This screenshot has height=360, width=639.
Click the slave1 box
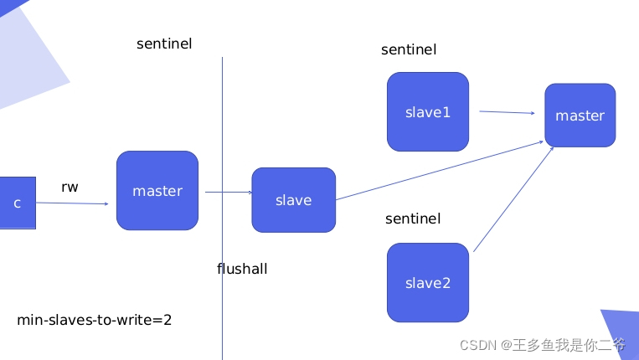click(x=427, y=111)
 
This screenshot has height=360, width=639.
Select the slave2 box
click(x=427, y=282)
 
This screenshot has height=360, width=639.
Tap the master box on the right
click(x=580, y=115)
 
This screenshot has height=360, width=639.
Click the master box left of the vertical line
click(x=157, y=190)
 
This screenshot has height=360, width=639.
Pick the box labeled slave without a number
click(x=293, y=200)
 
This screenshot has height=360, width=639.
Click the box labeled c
click(x=17, y=203)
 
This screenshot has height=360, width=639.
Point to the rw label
click(x=70, y=188)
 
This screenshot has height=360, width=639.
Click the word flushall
click(x=242, y=269)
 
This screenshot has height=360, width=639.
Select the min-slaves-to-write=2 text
click(x=95, y=320)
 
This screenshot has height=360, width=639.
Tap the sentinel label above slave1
click(x=409, y=49)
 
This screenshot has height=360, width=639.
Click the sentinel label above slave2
click(x=413, y=219)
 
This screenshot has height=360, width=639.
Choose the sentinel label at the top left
click(x=164, y=44)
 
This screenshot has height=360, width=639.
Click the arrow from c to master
click(x=75, y=203)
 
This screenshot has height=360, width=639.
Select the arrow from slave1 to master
click(x=507, y=111)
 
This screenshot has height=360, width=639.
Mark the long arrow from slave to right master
click(x=440, y=171)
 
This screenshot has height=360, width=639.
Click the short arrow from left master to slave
click(x=228, y=193)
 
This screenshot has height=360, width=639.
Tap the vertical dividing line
click(x=222, y=126)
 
